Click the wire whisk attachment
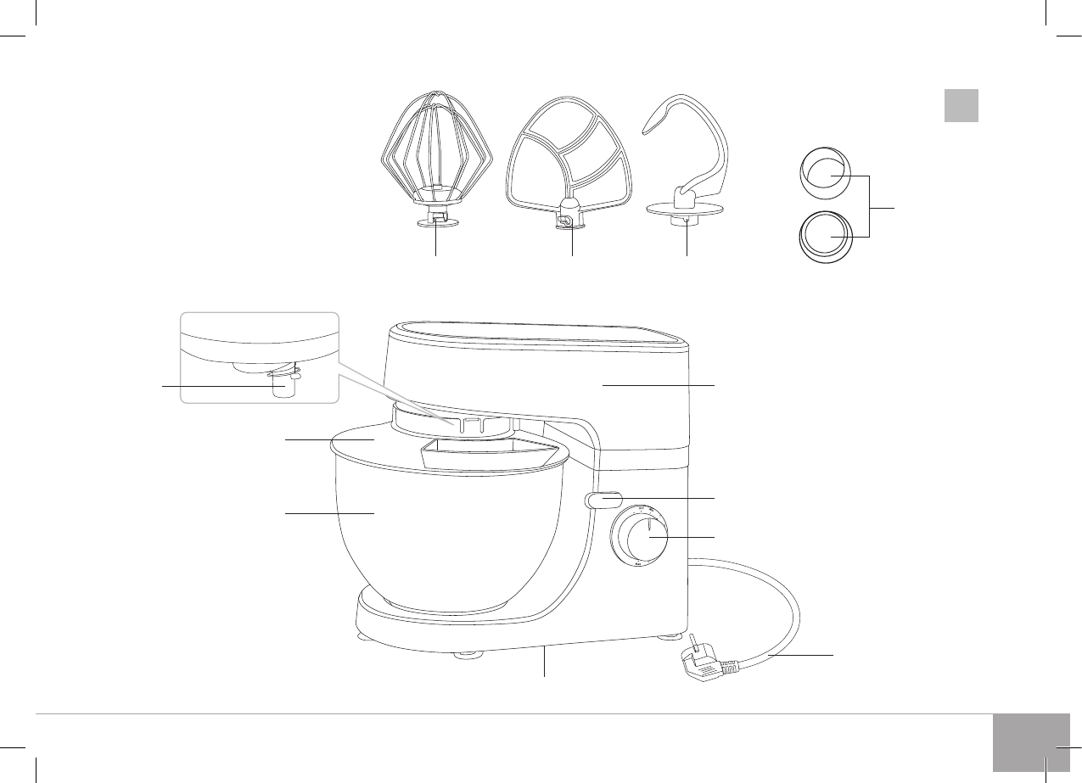(435, 153)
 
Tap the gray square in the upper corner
(961, 105)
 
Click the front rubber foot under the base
(466, 654)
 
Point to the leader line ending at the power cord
(802, 654)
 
